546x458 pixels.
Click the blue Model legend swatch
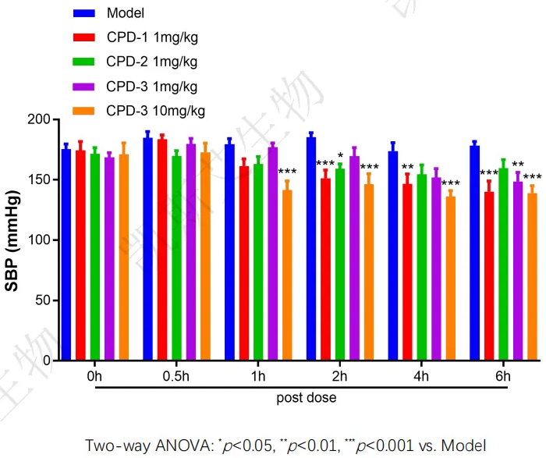(x=83, y=13)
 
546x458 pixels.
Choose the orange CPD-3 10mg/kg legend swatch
(x=83, y=110)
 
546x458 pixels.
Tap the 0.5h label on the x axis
(x=175, y=377)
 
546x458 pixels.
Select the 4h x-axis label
(x=421, y=377)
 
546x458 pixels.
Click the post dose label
(x=307, y=398)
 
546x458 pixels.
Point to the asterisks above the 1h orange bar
(x=287, y=172)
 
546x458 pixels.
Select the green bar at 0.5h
(x=176, y=257)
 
